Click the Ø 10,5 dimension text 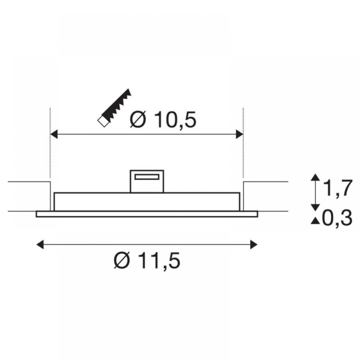pos(163,120)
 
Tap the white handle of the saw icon pos(103,121)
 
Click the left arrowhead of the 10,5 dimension pos(54,134)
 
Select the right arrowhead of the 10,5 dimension pos(239,134)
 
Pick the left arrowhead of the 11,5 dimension pos(40,244)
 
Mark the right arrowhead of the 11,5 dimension pos(254,244)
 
